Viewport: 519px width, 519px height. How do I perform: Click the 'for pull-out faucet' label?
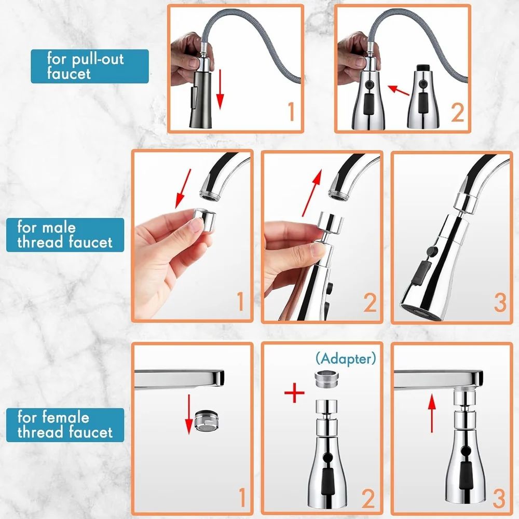[89, 66]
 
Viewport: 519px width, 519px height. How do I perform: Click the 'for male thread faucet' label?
[65, 235]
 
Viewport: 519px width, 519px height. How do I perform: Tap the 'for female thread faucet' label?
[65, 425]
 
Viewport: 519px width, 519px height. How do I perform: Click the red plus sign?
[294, 393]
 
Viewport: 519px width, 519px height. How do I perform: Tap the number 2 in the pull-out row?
[457, 113]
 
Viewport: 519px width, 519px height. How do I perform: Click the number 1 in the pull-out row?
[290, 113]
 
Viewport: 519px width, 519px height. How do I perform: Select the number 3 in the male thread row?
[499, 303]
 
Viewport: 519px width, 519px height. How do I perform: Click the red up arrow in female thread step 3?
[431, 413]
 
